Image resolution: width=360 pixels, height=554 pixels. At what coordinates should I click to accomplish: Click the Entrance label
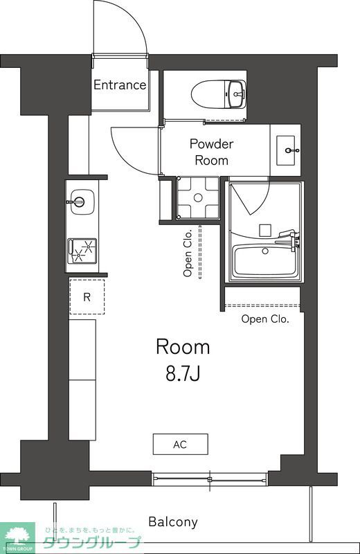pyautogui.click(x=120, y=85)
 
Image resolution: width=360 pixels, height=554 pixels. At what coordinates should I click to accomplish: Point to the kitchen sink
pyautogui.click(x=80, y=203)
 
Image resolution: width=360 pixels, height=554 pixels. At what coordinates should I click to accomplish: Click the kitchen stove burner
pyautogui.click(x=82, y=249)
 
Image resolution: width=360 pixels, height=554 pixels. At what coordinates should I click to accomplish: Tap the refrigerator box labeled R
pyautogui.click(x=87, y=297)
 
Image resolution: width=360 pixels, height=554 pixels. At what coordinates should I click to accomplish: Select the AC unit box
pyautogui.click(x=180, y=444)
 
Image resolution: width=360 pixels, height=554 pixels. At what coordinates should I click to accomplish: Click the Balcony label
pyautogui.click(x=173, y=522)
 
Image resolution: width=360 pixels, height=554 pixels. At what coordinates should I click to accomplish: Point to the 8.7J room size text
pyautogui.click(x=183, y=375)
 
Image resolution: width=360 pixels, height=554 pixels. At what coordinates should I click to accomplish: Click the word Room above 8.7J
pyautogui.click(x=183, y=346)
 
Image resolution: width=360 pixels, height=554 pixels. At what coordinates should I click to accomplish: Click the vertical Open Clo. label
pyautogui.click(x=188, y=253)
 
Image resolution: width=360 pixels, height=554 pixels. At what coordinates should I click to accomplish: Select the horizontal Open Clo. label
pyautogui.click(x=265, y=319)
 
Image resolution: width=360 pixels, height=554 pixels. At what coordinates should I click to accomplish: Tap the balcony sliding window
pyautogui.click(x=209, y=478)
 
